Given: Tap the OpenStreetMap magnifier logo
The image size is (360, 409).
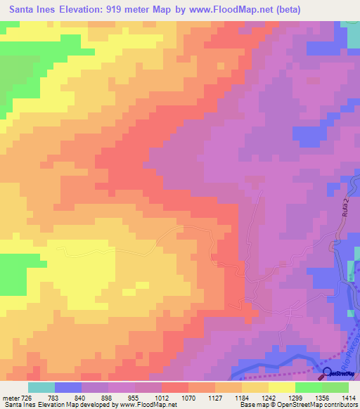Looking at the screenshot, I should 328,373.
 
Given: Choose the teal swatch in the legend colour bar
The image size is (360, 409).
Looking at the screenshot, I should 41,387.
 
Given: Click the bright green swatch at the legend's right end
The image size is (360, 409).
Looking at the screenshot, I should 335,387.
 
